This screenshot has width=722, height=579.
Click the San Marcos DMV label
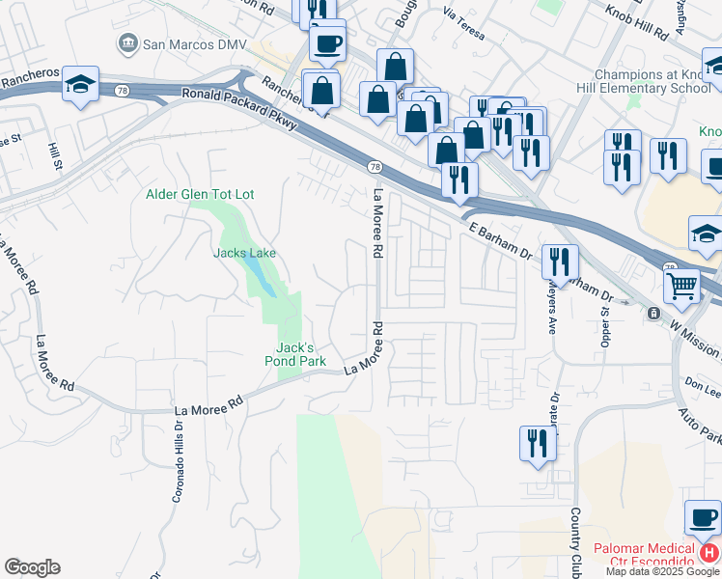point(194,43)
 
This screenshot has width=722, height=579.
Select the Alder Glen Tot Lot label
point(200,194)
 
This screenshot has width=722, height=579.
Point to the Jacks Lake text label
point(244,254)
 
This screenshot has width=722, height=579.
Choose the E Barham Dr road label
point(500,241)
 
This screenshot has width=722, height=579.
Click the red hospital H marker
point(708,554)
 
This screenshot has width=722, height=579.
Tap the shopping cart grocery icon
point(681,286)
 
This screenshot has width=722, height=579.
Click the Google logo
point(32,567)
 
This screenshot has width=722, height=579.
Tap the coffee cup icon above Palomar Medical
point(702,516)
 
